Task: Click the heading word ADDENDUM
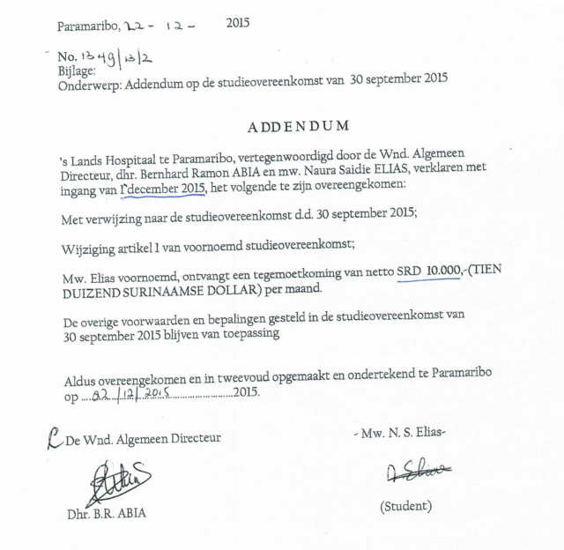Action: click(x=298, y=126)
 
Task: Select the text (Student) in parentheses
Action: click(x=408, y=507)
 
